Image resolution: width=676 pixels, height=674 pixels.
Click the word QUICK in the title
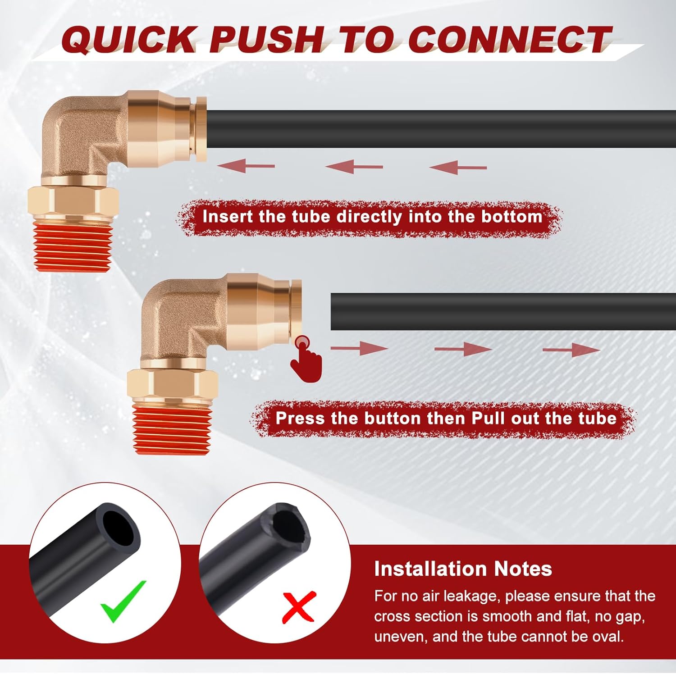point(128,40)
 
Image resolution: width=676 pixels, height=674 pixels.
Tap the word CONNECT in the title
point(509,40)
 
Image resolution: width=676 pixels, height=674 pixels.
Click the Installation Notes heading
point(463,569)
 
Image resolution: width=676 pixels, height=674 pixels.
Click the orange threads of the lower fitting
point(171,428)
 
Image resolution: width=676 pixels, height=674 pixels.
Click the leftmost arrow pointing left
point(246,166)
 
